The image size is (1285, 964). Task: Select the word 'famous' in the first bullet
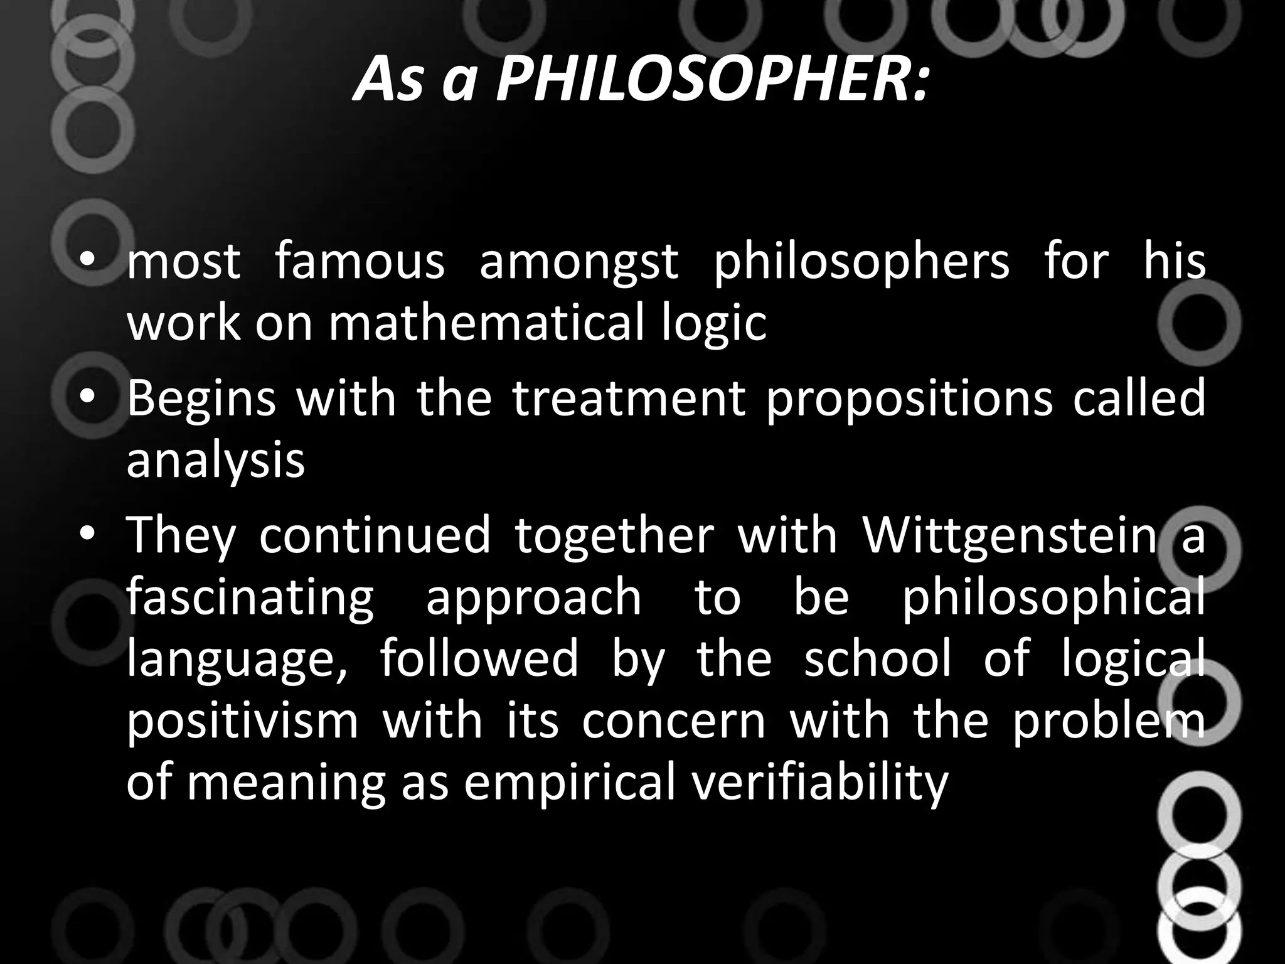pos(360,262)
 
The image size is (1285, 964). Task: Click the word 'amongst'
pos(579,262)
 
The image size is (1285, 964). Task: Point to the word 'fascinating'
pos(250,599)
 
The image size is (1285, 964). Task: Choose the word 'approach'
pos(534,599)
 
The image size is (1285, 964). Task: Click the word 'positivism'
pos(242,722)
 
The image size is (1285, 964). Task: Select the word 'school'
pos(877,659)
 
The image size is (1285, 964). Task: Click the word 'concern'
pos(674,722)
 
